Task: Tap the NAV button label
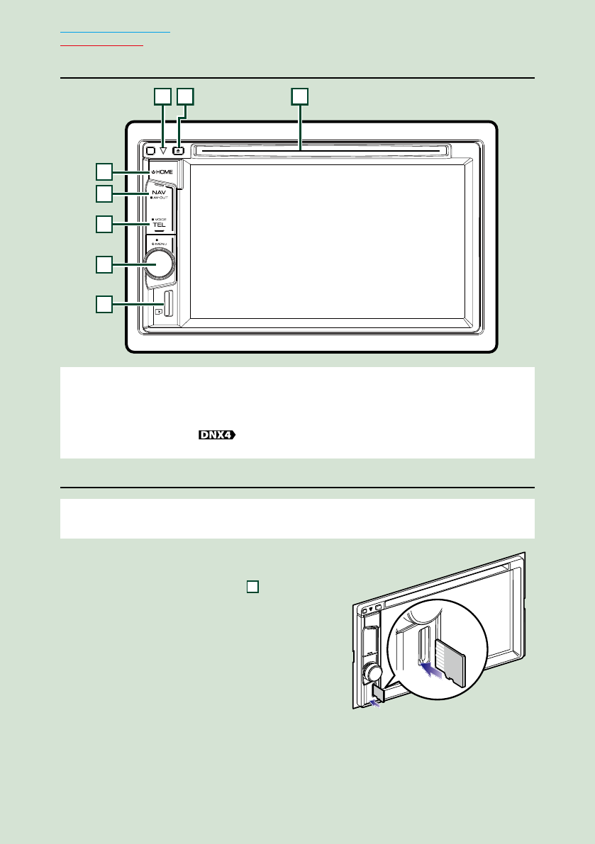coord(159,193)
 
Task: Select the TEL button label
coord(159,225)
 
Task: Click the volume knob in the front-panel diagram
coord(157,264)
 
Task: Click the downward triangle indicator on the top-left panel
coord(162,150)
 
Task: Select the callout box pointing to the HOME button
coord(104,171)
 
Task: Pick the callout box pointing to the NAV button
coord(104,193)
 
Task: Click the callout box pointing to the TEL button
coord(104,225)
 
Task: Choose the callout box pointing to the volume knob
coord(104,264)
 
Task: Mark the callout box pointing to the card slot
coord(104,305)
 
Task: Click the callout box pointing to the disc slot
coord(301,96)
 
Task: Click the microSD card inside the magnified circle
coord(449,662)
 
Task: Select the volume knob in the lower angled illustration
coord(374,672)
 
